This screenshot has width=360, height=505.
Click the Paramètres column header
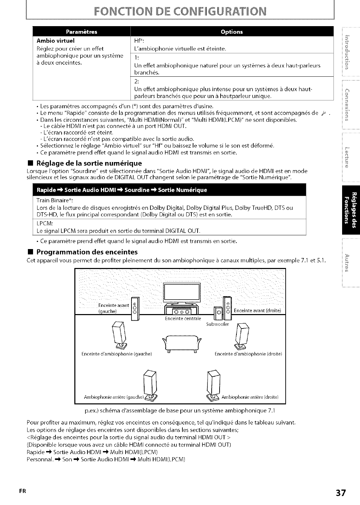point(82,32)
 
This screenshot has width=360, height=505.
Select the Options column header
point(232,32)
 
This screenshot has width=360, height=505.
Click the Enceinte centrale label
point(178,318)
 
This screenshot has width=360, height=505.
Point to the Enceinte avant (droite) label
point(257,311)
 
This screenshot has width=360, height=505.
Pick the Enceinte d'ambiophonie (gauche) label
point(117,354)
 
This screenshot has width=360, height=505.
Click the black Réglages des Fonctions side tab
point(351,210)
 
